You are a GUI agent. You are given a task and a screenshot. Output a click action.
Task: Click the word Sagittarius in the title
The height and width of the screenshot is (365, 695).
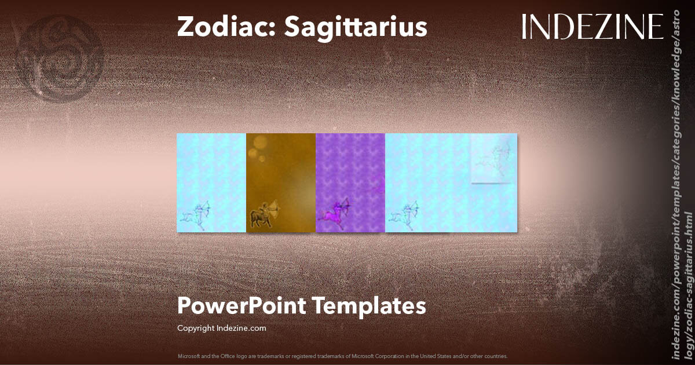coord(355,27)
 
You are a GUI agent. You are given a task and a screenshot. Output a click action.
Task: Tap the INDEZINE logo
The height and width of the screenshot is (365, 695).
coord(592,27)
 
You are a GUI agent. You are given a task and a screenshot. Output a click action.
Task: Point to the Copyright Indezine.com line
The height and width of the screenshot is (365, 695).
coord(222,328)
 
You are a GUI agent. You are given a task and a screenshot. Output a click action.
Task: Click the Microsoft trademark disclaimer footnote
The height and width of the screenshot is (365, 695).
coord(342,356)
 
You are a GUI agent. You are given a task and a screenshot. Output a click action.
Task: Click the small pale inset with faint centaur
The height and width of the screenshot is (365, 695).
coord(493,159)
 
